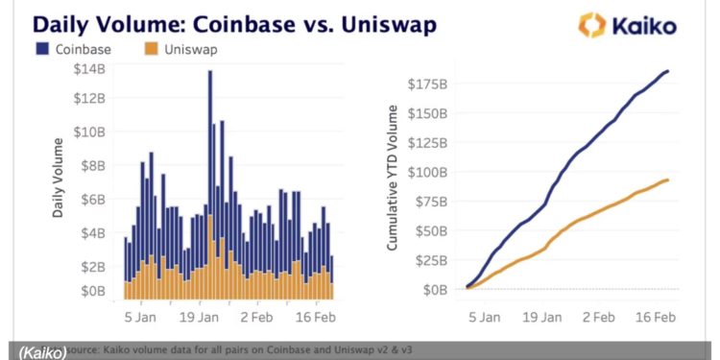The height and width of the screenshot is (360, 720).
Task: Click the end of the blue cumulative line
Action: coord(668,71)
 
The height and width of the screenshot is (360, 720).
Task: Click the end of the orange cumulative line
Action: coord(668,180)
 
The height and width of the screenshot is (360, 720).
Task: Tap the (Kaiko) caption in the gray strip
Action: coord(36,351)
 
